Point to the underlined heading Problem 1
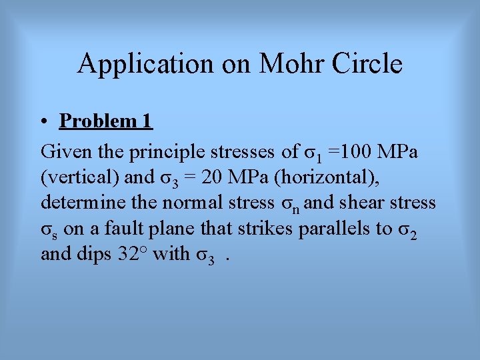coord(106,121)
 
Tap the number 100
coord(357,152)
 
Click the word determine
coord(80,203)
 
